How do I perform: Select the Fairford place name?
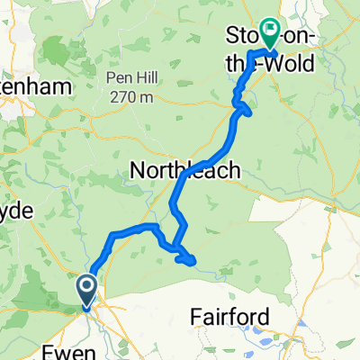[x=230, y=316]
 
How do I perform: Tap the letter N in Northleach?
[x=139, y=169]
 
